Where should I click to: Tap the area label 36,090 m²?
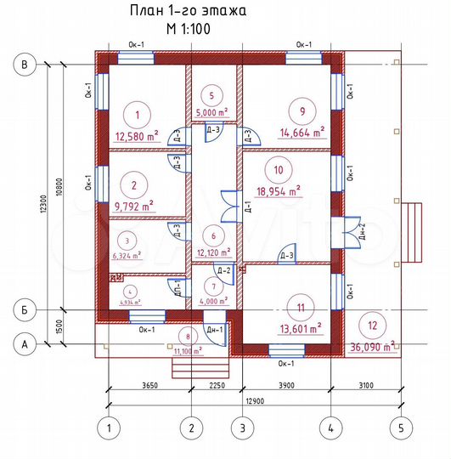coord(373,346)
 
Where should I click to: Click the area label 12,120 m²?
coord(211,252)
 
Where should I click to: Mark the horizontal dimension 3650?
coord(149,384)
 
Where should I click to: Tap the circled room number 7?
coord(213,286)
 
